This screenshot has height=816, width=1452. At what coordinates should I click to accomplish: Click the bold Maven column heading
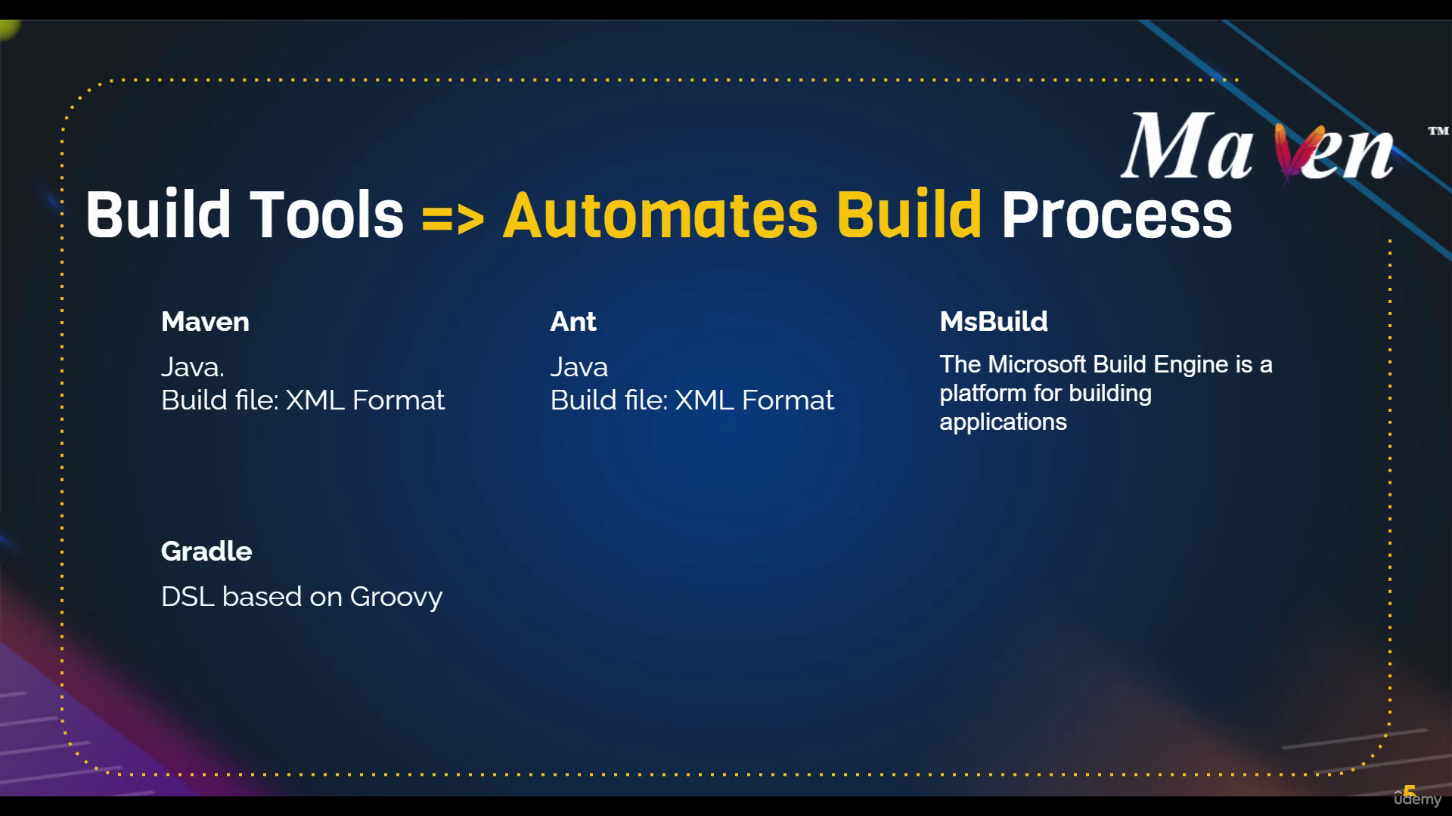pyautogui.click(x=205, y=322)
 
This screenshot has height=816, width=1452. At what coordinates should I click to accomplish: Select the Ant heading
pyautogui.click(x=573, y=322)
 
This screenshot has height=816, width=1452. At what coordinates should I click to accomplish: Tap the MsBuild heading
pyautogui.click(x=994, y=322)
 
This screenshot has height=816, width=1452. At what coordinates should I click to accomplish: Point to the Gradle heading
pyautogui.click(x=206, y=552)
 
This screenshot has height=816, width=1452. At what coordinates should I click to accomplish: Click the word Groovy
pyautogui.click(x=396, y=598)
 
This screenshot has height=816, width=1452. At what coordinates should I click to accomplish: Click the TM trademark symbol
pyautogui.click(x=1438, y=131)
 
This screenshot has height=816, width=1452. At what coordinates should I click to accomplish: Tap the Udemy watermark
pyautogui.click(x=1418, y=797)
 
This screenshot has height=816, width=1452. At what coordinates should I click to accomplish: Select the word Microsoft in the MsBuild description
pyautogui.click(x=1038, y=365)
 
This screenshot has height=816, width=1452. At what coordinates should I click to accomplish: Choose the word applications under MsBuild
pyautogui.click(x=1003, y=422)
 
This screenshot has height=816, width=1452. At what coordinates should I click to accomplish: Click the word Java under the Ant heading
pyautogui.click(x=579, y=367)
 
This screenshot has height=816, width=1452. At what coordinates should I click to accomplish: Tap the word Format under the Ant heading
pyautogui.click(x=787, y=400)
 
